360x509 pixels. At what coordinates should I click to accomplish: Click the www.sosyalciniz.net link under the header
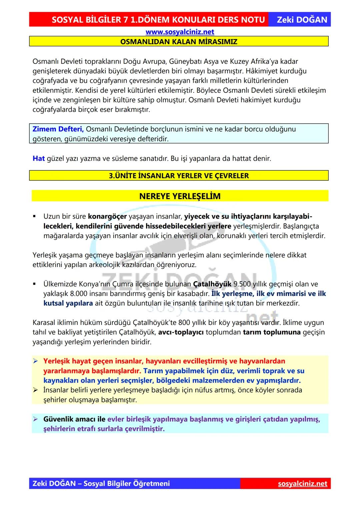coord(180,32)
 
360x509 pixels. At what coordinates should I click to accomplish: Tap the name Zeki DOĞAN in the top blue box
coord(302,20)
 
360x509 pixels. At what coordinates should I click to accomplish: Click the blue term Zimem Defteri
coord(58,129)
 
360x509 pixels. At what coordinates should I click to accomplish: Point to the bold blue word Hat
coord(39,158)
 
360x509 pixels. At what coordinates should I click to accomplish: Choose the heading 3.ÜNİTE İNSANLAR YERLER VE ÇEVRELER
coord(179,176)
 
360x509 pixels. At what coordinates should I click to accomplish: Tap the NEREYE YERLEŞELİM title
coord(180,196)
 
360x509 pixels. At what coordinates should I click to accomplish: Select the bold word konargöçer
coord(107,216)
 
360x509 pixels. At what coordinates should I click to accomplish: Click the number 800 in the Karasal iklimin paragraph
coord(184,322)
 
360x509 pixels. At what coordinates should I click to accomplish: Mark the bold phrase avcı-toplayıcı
coord(181,332)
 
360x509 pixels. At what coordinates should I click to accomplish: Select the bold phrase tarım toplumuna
coord(272,332)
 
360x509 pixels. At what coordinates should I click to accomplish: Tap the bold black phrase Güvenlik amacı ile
coord(74,419)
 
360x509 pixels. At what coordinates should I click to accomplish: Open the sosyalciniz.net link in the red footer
coord(302,483)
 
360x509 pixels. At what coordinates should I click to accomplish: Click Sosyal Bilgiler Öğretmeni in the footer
coord(127,483)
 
